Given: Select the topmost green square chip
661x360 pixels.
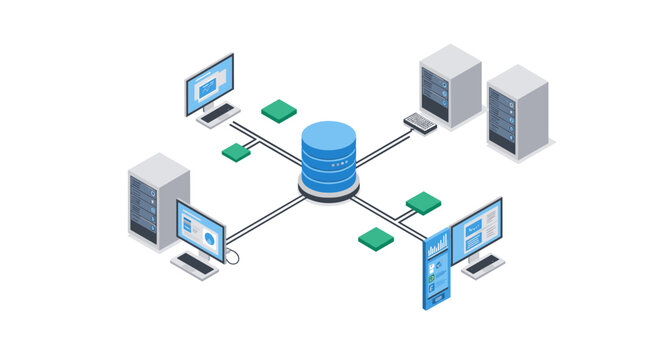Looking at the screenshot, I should pos(279,110).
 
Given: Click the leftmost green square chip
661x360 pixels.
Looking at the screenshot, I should pos(236,152).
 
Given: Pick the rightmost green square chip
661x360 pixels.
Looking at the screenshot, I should pos(423,203).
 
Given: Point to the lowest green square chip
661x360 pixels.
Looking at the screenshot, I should pos(376,238).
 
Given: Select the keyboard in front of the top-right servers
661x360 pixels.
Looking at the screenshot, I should pos(421,122).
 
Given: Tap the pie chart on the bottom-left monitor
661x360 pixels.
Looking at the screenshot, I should pos(210,239).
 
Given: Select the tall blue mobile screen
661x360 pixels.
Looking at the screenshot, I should pos(436,269).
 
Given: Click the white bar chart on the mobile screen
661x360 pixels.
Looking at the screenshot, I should pos(437,246).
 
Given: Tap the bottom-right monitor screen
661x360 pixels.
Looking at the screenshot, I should pos(477,227).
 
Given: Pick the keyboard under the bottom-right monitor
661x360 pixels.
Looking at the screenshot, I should pos(482,264).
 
